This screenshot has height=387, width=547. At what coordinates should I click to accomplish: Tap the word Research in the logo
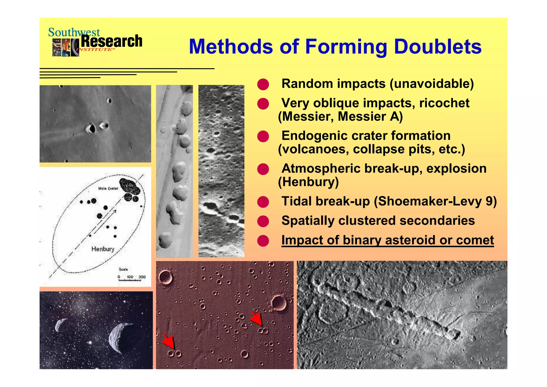coord(112,41)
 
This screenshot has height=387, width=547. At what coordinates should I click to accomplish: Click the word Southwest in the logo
coord(74,32)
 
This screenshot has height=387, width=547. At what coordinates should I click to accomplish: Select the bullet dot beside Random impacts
coord(263,84)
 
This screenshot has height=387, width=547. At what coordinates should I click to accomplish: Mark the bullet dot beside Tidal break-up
coord(263,202)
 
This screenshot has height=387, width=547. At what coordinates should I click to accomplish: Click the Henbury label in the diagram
coord(103,249)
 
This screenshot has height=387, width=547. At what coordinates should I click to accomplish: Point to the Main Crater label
coord(108,189)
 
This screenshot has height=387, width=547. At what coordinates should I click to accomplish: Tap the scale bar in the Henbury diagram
coord(130,280)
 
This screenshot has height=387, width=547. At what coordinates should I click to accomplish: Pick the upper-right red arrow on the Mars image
coord(256,319)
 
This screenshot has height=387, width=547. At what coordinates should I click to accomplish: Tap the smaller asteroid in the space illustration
coord(62,325)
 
